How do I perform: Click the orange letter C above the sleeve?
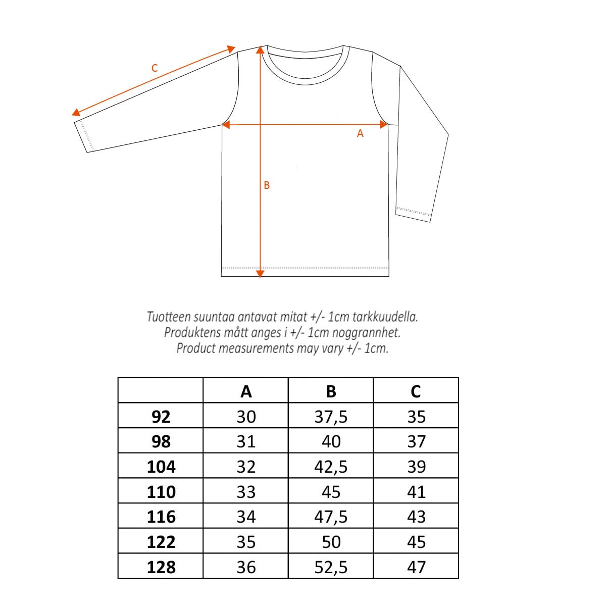click(155, 68)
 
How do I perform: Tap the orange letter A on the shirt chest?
click(360, 133)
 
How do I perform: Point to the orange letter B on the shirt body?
click(267, 185)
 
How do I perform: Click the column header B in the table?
click(331, 391)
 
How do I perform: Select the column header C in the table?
click(416, 391)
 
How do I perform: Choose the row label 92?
click(161, 417)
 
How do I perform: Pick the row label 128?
click(161, 567)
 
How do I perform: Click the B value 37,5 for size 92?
click(331, 417)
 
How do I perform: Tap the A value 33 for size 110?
click(246, 492)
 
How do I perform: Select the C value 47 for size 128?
click(416, 567)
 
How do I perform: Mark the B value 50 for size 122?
click(331, 542)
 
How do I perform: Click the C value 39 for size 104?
click(416, 467)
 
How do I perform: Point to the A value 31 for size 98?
click(246, 442)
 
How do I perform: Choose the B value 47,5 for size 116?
click(331, 517)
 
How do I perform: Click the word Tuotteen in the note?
click(169, 317)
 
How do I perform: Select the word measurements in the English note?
click(256, 348)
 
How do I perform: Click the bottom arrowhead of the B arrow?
click(260, 274)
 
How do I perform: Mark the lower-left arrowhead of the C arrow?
click(76, 113)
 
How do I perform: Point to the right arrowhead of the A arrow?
click(383, 124)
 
